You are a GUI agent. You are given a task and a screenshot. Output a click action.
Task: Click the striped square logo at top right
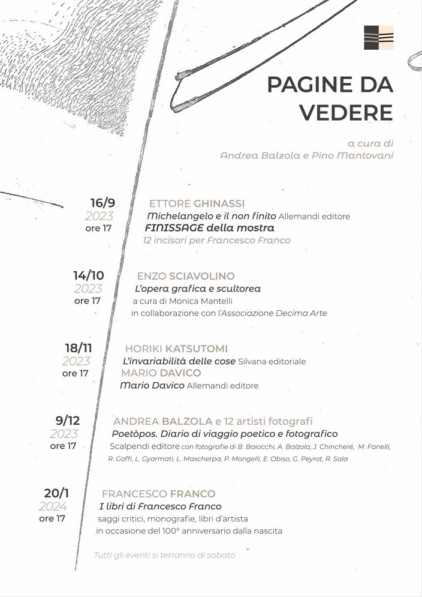click(378, 37)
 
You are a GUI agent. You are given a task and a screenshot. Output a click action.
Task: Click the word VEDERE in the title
click(346, 112)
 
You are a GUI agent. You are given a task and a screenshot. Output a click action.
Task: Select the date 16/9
click(103, 203)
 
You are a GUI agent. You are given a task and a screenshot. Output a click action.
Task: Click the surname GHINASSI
click(219, 203)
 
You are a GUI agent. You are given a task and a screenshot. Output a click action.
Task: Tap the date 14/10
click(89, 275)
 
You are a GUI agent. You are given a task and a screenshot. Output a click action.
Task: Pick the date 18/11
click(78, 348)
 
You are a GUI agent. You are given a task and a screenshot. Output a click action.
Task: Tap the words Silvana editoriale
click(272, 361)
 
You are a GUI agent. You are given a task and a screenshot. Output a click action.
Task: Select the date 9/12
click(67, 421)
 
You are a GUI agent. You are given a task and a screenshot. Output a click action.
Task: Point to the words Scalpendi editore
click(144, 446)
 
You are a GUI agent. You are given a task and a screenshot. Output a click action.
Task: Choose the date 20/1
click(56, 493)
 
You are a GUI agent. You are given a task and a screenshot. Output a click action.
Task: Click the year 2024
click(53, 506)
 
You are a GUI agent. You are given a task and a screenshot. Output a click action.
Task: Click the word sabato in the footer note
click(221, 555)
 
